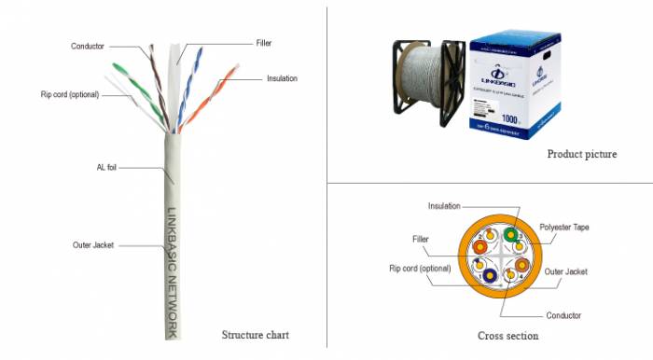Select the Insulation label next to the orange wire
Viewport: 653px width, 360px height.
coord(282,78)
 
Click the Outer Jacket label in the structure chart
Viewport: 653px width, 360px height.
coord(93,245)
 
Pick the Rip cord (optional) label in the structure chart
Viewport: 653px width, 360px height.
coord(70,94)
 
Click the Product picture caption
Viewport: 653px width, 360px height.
coord(581,154)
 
